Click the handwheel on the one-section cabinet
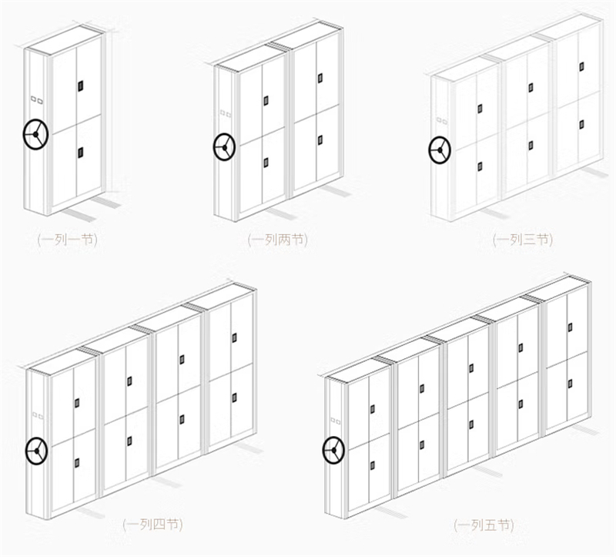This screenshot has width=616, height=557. coord(35,134)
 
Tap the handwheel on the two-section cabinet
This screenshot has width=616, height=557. coord(224,147)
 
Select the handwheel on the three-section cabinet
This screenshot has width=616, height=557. coord(440,149)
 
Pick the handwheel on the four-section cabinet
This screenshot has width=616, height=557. coord(36,451)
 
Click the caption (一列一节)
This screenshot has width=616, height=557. coord(67,240)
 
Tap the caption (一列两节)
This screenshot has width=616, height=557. coord(278,240)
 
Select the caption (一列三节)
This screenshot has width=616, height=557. coord(523,240)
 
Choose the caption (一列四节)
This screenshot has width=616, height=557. coord(152,524)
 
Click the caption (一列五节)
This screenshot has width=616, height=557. coord(484,525)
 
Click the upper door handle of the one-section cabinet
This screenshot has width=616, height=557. coord(81,86)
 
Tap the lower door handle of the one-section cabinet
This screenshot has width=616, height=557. coord(81,153)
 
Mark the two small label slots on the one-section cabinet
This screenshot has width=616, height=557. coord(36,100)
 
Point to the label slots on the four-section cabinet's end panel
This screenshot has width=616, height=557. coord(38,415)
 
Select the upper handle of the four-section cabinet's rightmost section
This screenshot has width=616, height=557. coord(235,337)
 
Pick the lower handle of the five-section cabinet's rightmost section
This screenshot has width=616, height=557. coord(570,383)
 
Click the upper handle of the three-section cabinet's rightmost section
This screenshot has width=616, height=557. coord(581,66)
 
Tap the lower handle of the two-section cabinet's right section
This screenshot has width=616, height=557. coord(320,139)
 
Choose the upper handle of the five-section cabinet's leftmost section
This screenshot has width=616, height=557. coord(373,409)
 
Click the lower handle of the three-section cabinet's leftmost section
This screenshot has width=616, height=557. coord(480,166)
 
